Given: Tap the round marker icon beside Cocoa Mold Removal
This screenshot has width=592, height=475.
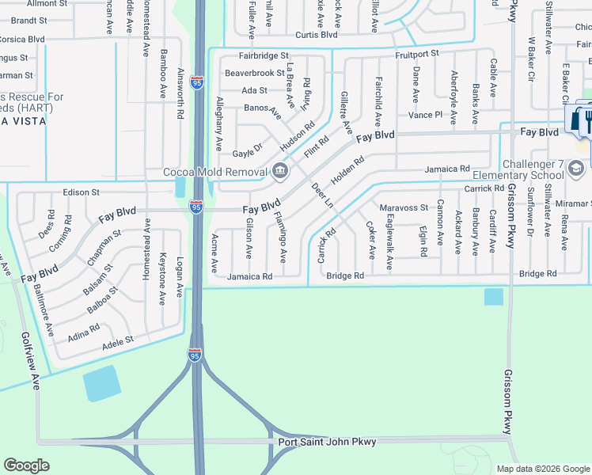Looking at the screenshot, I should coord(280,170).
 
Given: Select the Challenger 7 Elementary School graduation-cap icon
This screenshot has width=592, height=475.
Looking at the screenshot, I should coord(576,168).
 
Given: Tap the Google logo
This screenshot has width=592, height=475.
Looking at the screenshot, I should coord(27,465).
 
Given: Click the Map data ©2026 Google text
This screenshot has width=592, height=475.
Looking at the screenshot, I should coord(542,468).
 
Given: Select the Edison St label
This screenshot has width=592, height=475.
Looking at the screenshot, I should coord(82,192).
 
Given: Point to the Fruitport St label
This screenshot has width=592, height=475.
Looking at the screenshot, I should coord(417,54).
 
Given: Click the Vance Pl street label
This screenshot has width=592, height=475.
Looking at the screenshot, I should coord(425,115).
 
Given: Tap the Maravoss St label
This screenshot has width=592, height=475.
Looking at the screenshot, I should coord(404,208).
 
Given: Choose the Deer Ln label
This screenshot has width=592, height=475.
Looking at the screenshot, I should coord(322,194).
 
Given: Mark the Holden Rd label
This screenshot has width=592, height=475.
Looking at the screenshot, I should coord(347,170).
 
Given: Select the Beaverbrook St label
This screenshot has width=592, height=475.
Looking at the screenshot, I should coord(254,73).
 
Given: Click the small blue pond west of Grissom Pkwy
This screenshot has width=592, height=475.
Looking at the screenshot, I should coord(492,296).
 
